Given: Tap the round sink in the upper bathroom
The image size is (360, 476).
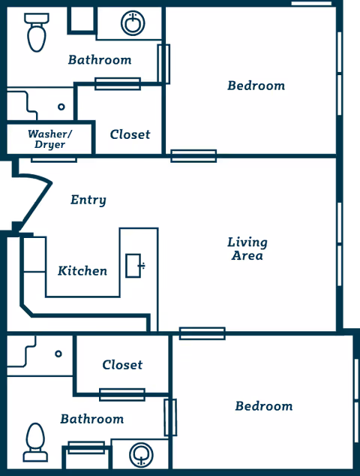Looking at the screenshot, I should [133, 24].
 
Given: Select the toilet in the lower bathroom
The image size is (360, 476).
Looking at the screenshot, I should [35, 442].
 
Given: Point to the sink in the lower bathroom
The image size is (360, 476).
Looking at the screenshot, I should [140, 454].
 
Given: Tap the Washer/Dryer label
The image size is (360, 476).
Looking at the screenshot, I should [49, 139].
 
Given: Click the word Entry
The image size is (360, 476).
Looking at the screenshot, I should [88, 200].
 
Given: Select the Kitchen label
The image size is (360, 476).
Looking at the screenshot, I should [82, 270].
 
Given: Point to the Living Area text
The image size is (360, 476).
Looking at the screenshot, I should [247, 249].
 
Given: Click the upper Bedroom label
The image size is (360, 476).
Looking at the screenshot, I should [256, 86].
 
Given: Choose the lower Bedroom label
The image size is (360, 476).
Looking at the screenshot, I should [263, 406].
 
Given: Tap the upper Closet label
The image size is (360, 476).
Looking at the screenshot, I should [130, 134].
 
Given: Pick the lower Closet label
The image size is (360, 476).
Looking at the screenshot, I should [122, 365].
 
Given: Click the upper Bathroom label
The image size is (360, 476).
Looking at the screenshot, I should [99, 59].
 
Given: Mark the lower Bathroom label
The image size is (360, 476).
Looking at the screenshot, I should [91, 419].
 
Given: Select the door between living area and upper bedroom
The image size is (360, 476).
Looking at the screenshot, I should [193, 156].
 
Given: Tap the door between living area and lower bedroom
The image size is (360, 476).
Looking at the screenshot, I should [202, 333].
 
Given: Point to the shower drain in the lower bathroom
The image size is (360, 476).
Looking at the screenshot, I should [58, 354].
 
